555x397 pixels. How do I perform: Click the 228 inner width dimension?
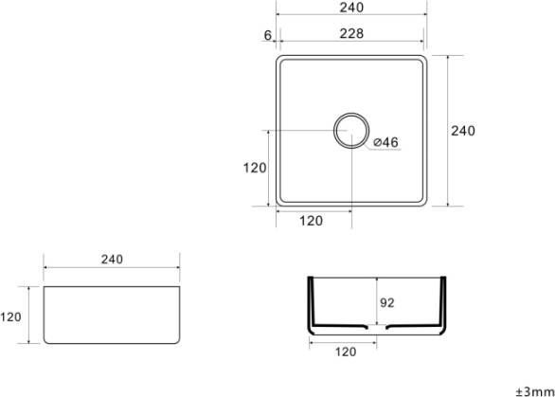pyautogui.click(x=350, y=33)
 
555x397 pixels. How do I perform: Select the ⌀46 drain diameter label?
pyautogui.click(x=385, y=142)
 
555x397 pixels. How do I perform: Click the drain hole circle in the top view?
pyautogui.click(x=350, y=129)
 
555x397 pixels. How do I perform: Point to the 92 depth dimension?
pyautogui.click(x=386, y=303)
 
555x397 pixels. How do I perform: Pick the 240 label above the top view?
pyautogui.click(x=350, y=8)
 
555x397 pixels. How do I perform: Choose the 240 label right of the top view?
pyautogui.click(x=463, y=131)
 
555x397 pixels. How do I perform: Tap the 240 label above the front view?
pyautogui.click(x=112, y=259)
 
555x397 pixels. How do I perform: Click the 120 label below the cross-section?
pyautogui.click(x=346, y=352)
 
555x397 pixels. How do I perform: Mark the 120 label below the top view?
pyautogui.click(x=312, y=221)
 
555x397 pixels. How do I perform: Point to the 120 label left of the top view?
pyautogui.click(x=254, y=168)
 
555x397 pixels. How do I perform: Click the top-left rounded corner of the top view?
pyautogui.click(x=280, y=60)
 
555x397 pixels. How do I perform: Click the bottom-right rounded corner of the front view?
pyautogui.click(x=175, y=340)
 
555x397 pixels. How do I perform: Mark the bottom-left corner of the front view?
pyautogui.click(x=45, y=342)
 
